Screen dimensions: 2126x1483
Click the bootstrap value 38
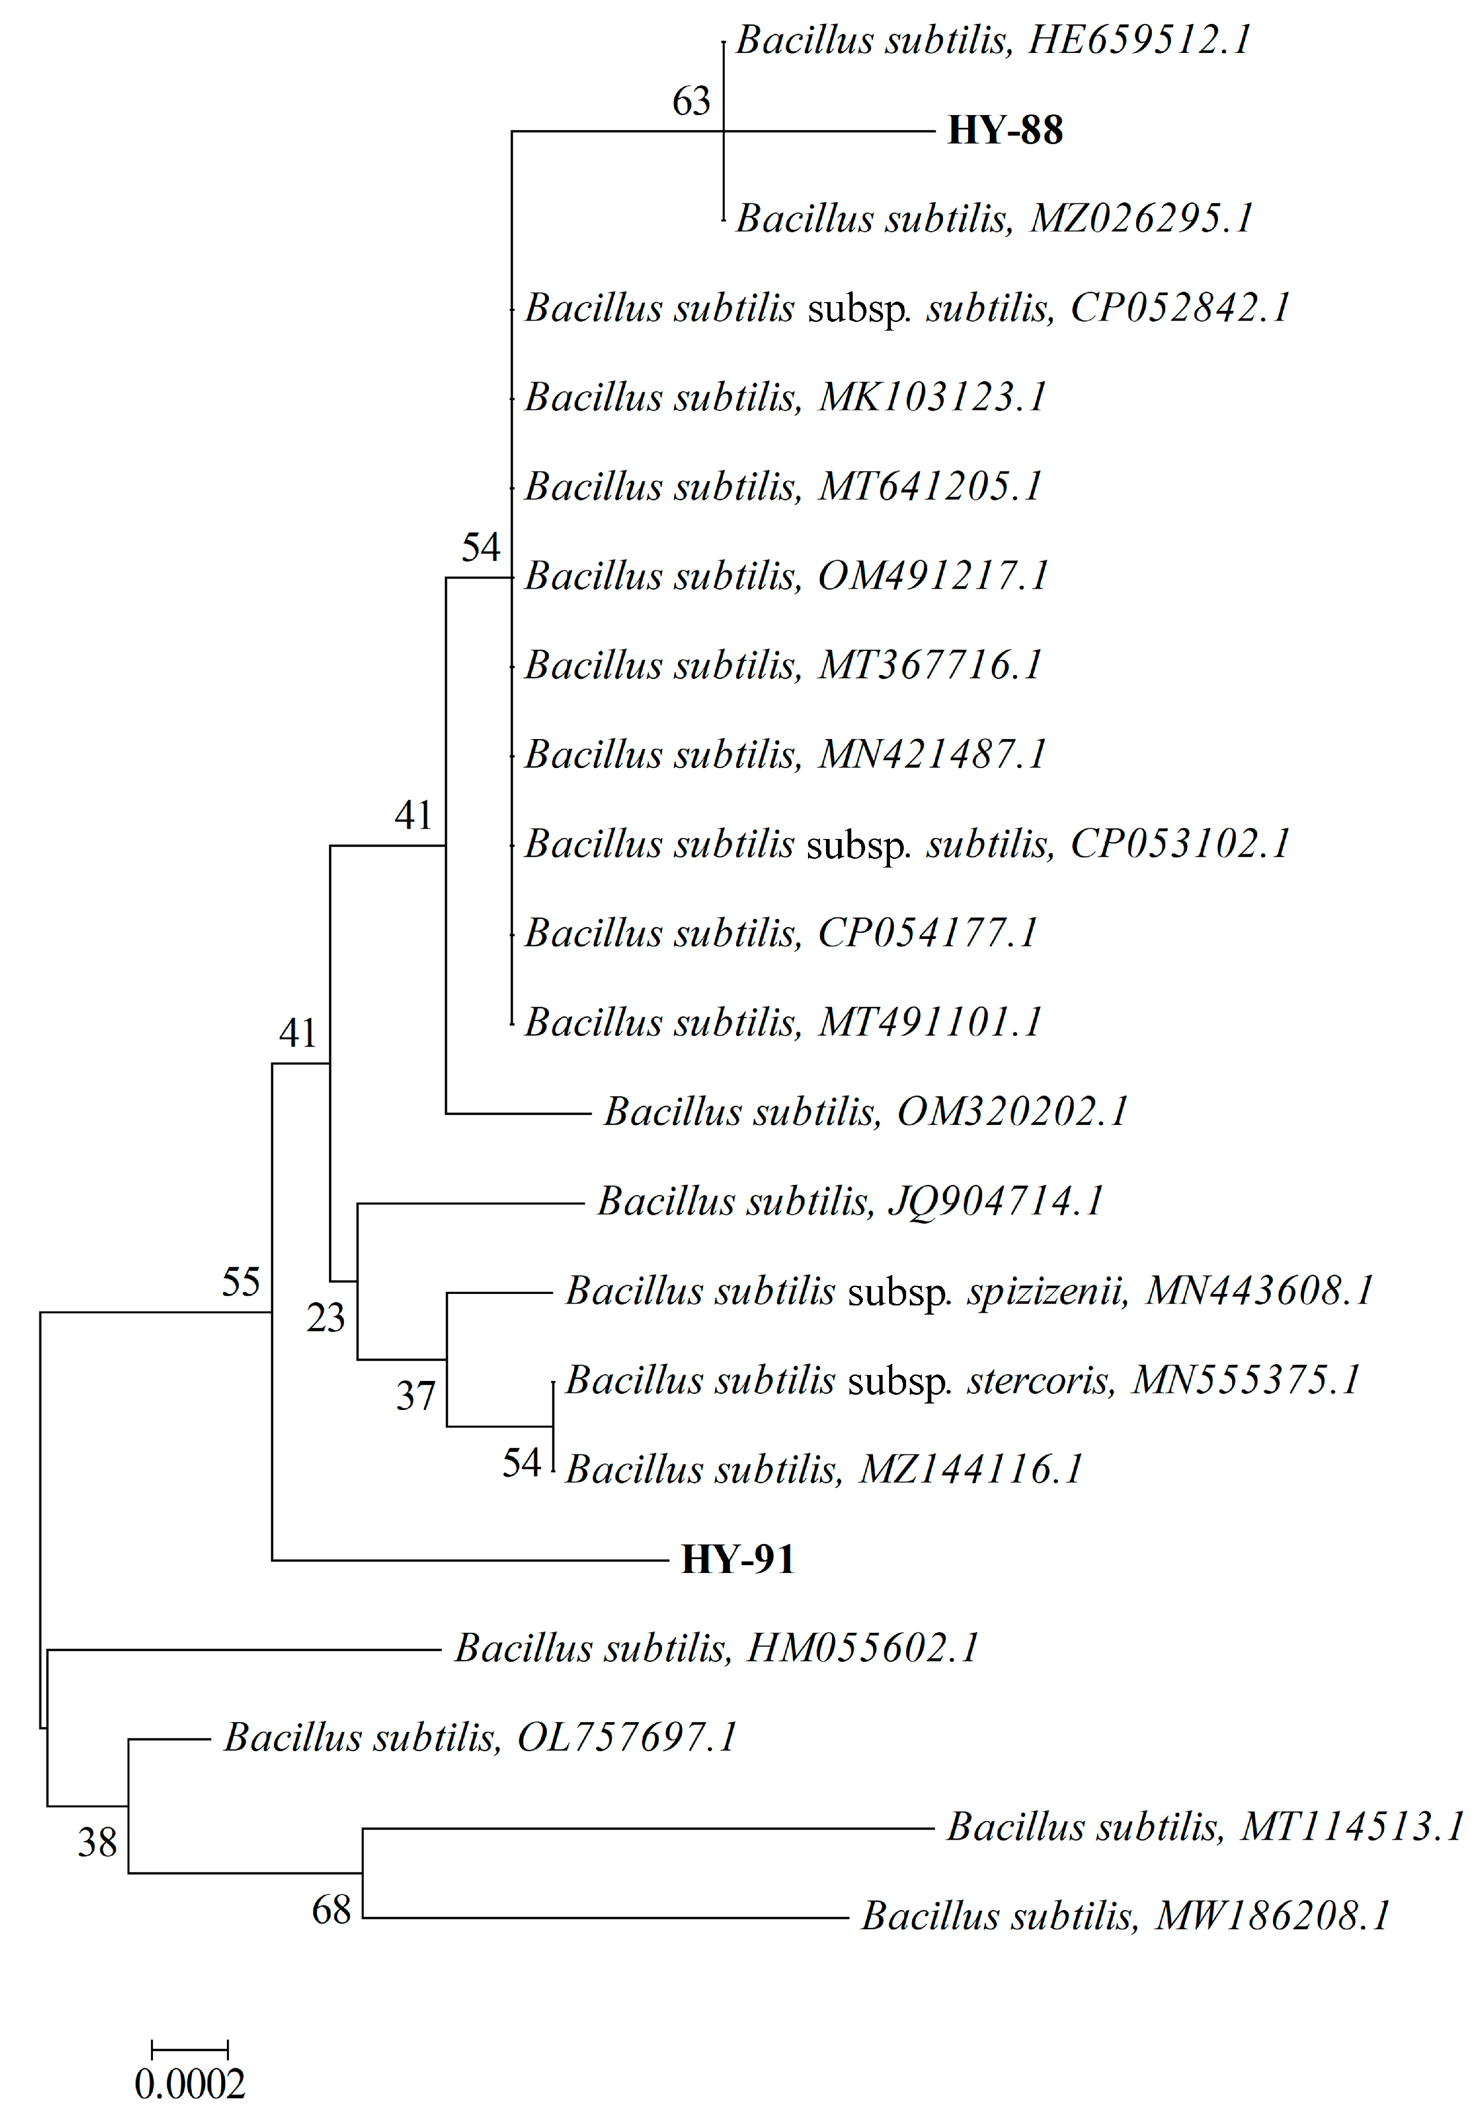tap(97, 1843)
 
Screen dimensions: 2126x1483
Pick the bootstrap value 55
tap(241, 1282)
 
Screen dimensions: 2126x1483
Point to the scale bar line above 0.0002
tap(190, 2050)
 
